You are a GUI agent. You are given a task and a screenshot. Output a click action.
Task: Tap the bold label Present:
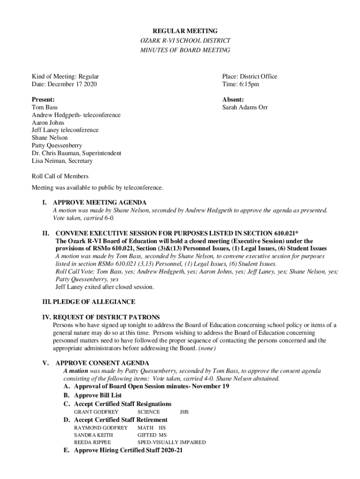tap(43, 100)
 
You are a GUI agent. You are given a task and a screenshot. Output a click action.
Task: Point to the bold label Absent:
tap(233, 100)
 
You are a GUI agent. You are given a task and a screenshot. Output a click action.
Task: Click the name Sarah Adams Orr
tap(245, 107)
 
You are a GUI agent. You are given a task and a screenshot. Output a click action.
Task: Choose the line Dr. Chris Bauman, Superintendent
tap(76, 153)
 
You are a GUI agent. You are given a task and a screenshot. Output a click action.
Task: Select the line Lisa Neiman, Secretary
tap(62, 161)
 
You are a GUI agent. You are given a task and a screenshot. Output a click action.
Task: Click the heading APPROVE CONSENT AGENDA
tap(102, 363)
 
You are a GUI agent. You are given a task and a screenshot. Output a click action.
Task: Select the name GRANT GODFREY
tap(96, 412)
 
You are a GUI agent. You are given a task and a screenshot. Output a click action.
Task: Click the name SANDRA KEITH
tap(94, 435)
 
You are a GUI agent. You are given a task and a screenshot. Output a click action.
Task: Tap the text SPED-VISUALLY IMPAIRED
tap(171, 443)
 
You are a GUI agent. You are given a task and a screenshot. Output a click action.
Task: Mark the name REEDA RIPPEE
tap(93, 443)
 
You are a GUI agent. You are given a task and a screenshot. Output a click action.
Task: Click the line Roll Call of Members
tap(60, 176)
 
